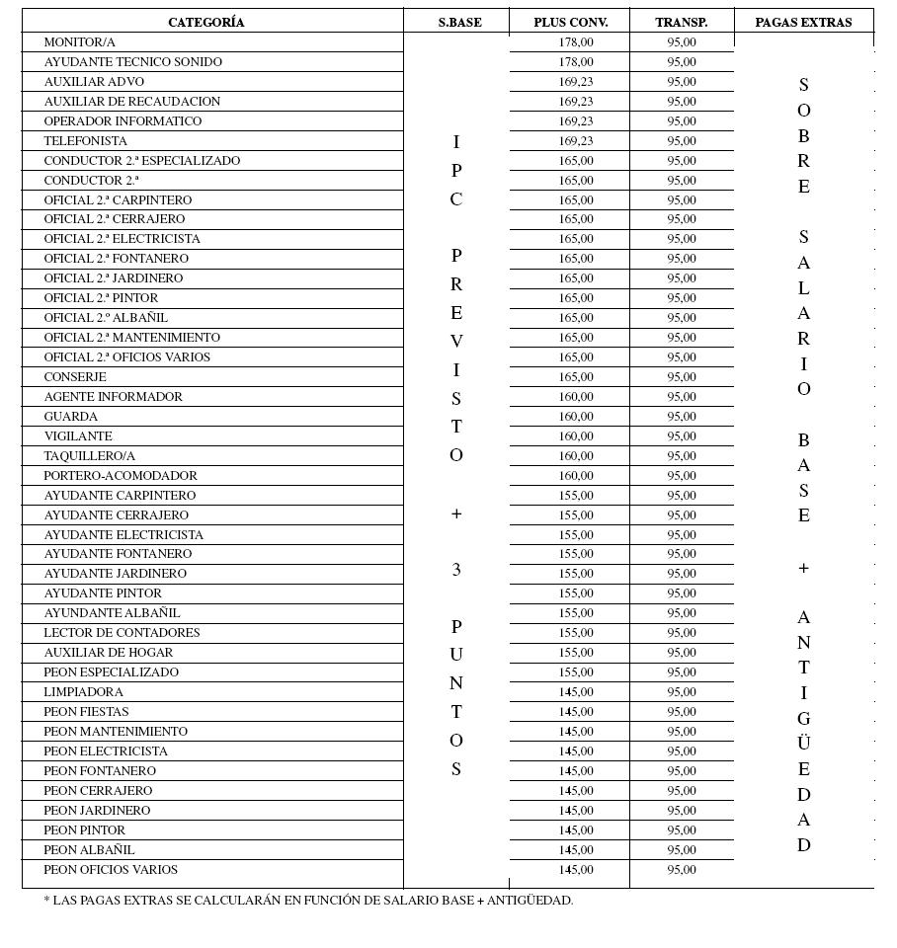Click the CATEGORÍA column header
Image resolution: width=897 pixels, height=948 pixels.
205,22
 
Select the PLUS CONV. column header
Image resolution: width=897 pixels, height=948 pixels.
571,22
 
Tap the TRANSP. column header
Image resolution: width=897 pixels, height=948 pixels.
682,22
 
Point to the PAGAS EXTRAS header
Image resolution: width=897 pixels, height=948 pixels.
803,22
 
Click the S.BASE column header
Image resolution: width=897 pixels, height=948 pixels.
459,22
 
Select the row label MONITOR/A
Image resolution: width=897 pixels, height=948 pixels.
79,42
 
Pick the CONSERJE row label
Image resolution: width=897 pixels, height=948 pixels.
75,377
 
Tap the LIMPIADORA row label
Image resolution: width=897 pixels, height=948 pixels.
83,692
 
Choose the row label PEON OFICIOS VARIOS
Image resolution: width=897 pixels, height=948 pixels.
111,870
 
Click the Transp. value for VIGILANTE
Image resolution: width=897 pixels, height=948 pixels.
682,436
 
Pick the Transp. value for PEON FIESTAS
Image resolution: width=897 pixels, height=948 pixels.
682,712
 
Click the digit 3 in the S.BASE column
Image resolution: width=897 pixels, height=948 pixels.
456,570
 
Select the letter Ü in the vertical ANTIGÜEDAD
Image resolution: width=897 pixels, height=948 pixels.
803,743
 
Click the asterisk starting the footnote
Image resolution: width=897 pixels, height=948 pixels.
46,901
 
